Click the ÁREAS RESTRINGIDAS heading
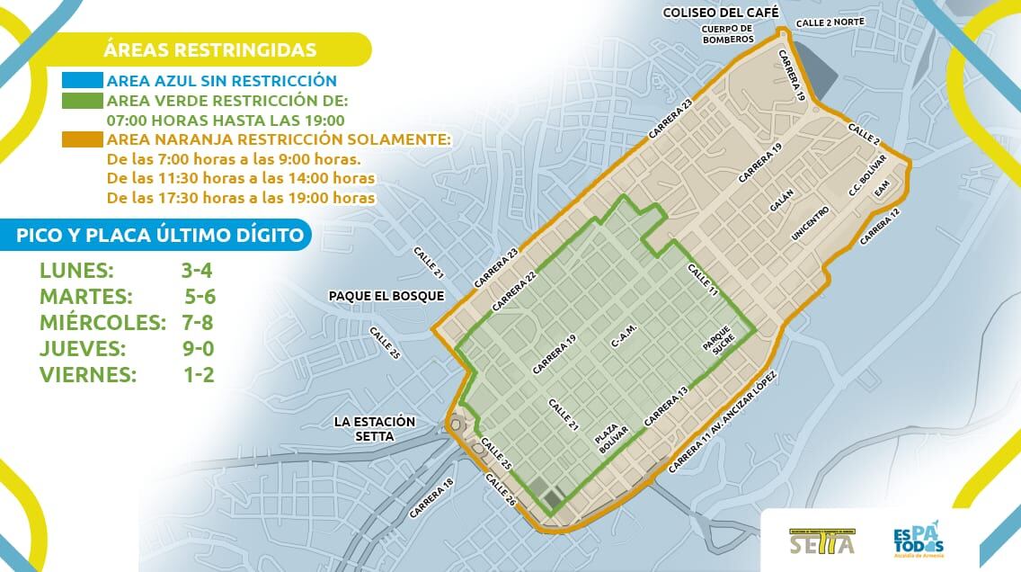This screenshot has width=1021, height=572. coord(209,49)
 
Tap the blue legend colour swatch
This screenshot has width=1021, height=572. coord(82,80)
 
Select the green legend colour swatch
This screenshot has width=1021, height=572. coord(82,100)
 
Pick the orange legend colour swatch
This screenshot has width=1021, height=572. coord(82,139)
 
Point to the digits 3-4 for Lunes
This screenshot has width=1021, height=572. coord(197,270)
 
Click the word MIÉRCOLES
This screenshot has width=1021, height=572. coord(103,322)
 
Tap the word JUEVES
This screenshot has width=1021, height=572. coord(83,348)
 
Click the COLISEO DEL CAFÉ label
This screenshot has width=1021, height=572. coord(714,13)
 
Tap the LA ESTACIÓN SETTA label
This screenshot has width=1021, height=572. coord(374,429)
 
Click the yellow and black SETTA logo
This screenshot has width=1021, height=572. coord(820,541)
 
